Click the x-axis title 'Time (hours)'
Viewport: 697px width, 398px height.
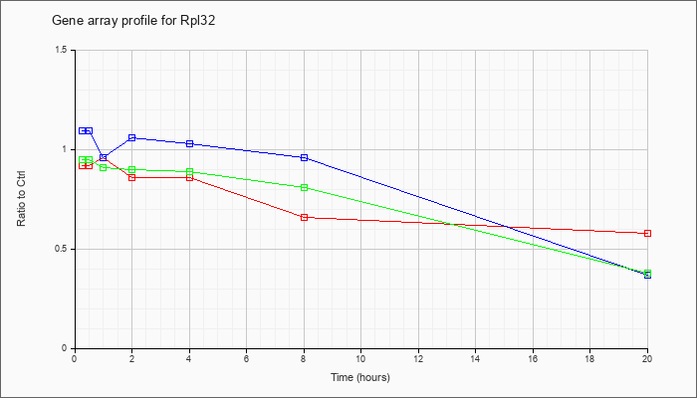click(360, 377)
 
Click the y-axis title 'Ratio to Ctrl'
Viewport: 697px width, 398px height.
click(22, 198)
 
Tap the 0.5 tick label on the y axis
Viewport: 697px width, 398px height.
click(62, 249)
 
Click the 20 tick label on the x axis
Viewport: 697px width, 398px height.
click(647, 359)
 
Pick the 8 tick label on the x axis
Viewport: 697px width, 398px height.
click(304, 359)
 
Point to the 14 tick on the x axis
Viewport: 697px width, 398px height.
click(476, 359)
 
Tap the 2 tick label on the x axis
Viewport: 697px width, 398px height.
click(131, 359)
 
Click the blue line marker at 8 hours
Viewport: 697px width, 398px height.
click(304, 157)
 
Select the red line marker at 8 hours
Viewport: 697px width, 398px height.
click(304, 217)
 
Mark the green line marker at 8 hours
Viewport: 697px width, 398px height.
click(304, 187)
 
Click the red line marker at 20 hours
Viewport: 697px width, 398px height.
click(647, 233)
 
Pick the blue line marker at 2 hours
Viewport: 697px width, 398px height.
click(131, 137)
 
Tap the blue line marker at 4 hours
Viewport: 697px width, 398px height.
click(189, 143)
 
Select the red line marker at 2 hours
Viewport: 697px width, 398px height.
click(131, 177)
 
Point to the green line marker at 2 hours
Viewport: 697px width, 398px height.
click(131, 169)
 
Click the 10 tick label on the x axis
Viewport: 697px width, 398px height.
click(360, 359)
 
